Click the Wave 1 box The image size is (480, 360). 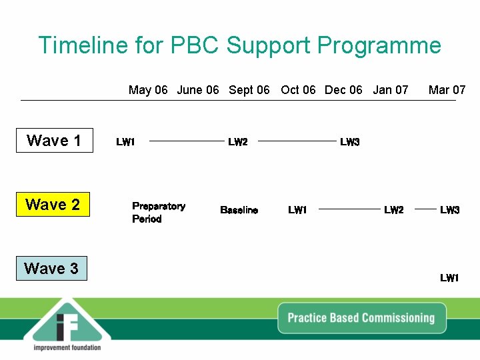[54, 141]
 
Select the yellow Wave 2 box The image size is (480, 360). [52, 205]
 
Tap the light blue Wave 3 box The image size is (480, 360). [51, 269]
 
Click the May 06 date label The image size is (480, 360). [148, 90]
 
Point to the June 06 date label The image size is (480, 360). [197, 90]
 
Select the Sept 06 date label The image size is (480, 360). [249, 90]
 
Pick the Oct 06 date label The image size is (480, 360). [298, 90]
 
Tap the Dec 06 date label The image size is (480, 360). [343, 90]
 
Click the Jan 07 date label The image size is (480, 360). [390, 90]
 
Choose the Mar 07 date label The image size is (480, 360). [447, 90]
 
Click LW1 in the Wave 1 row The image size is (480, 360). [125, 142]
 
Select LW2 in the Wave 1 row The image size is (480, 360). [237, 142]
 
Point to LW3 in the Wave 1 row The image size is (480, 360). [349, 142]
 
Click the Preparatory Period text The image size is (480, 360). [158, 213]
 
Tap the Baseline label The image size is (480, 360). [239, 211]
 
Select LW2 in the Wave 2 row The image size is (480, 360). [393, 211]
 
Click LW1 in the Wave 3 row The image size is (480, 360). [449, 278]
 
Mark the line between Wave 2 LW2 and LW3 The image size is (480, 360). [425, 209]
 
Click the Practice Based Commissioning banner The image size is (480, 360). [361, 318]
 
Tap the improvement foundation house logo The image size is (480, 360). [67, 323]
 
